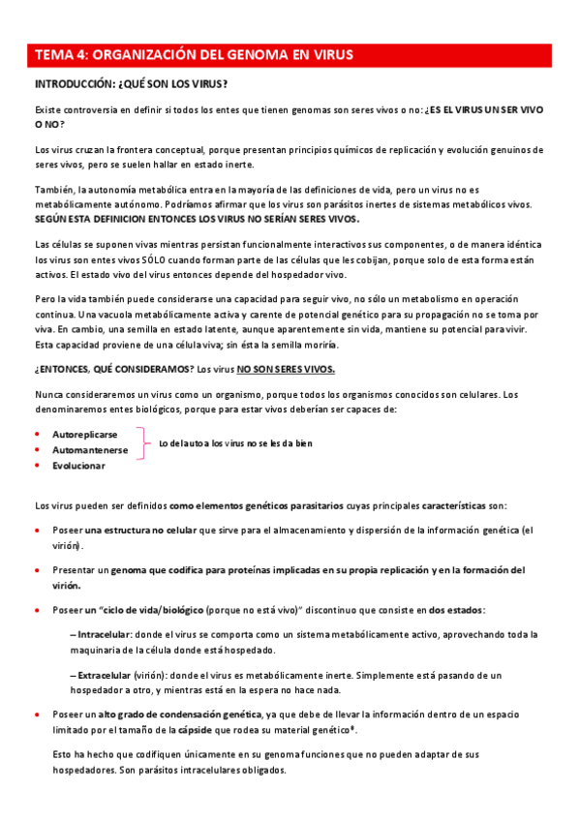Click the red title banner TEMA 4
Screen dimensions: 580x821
290,55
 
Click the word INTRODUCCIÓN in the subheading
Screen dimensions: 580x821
73,83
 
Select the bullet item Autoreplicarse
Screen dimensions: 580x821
84,435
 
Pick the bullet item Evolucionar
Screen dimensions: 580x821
78,466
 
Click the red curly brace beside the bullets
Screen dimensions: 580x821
145,443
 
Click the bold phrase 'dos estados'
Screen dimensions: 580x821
456,610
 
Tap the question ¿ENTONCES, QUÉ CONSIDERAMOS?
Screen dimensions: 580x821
112,369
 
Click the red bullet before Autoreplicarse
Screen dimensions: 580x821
37,435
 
